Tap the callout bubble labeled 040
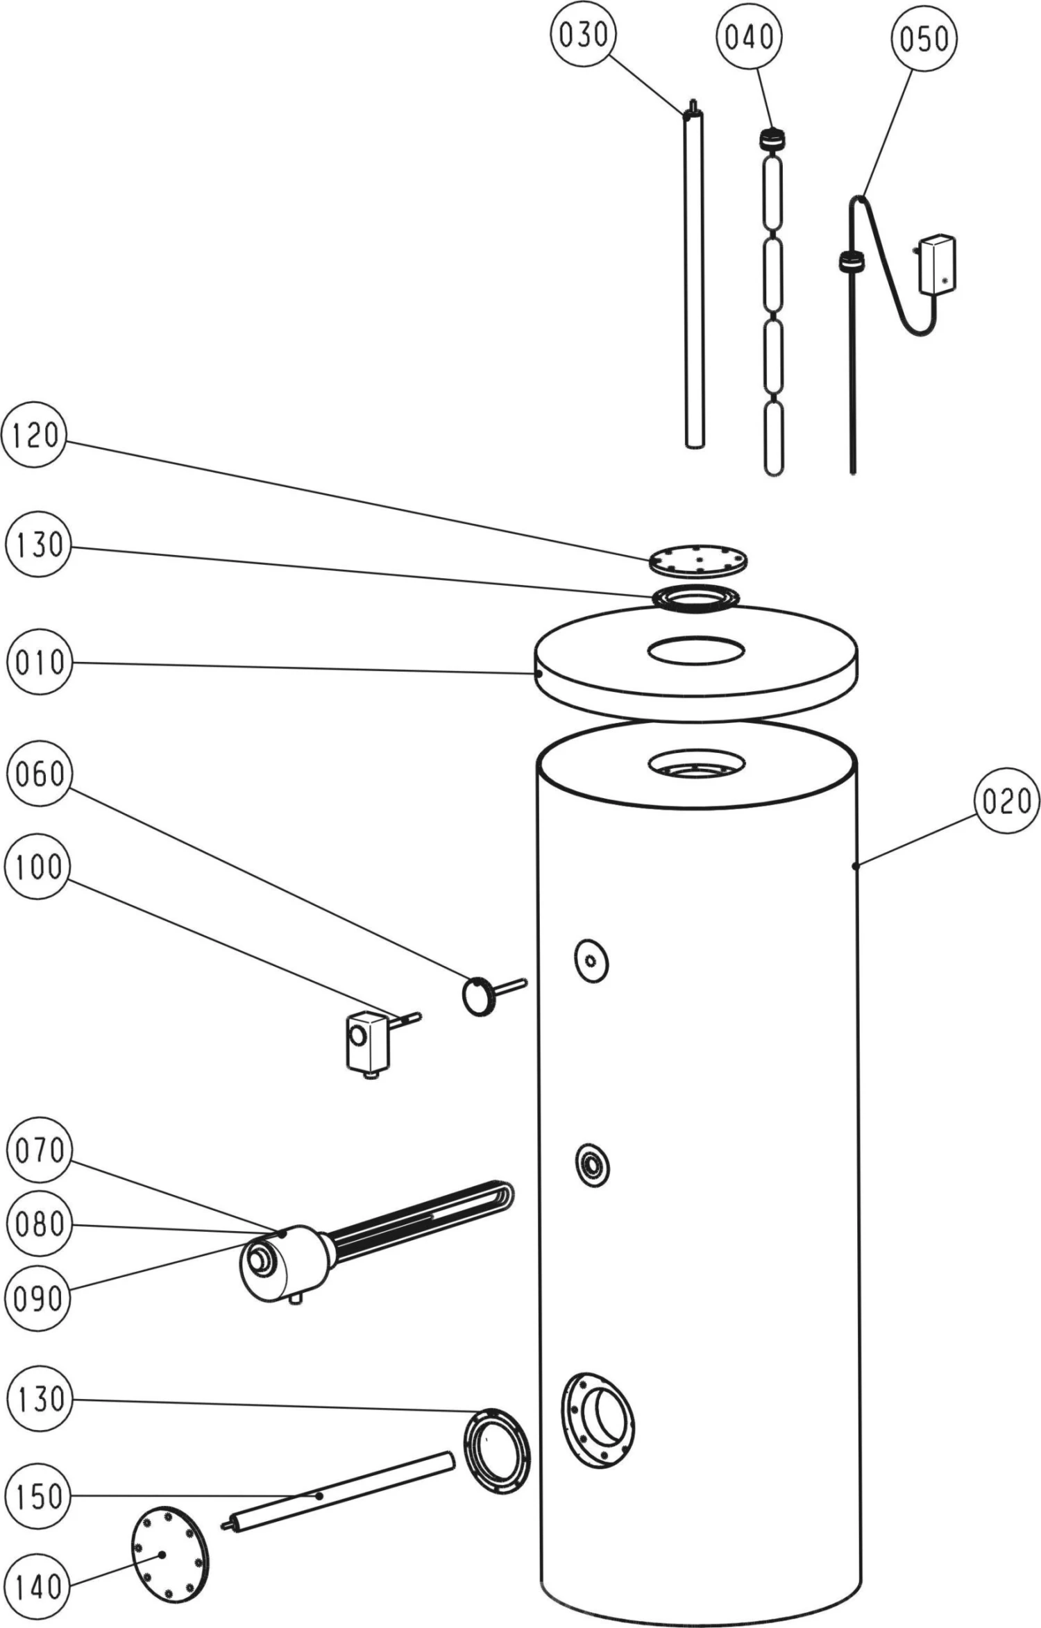(x=750, y=36)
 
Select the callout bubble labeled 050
(x=924, y=39)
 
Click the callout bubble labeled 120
(x=35, y=436)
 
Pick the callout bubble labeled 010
(x=39, y=663)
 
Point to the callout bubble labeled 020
(x=1006, y=801)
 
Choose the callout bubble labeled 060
(x=39, y=773)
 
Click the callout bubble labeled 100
(x=37, y=867)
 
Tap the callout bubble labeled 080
(x=39, y=1223)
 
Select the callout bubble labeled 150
(x=39, y=1496)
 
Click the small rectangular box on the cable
(x=936, y=264)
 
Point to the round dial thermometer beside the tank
(x=477, y=997)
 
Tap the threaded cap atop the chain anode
(x=772, y=139)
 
